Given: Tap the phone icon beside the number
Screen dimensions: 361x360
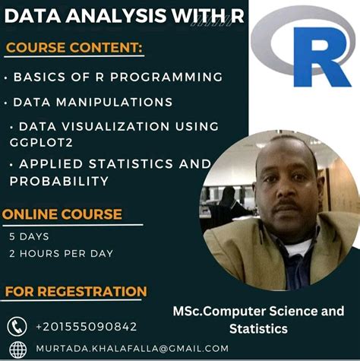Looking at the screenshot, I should tap(17, 326).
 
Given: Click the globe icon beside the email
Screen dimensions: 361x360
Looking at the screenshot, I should tap(17, 348).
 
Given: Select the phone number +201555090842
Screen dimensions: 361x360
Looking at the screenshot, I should tap(86, 327).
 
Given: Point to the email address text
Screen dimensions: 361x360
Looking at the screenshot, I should tap(131, 348).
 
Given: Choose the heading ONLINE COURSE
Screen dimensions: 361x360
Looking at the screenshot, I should tap(62, 214).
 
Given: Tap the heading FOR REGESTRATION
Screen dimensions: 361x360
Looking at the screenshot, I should tap(76, 291).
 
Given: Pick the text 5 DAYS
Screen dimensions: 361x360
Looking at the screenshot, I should tap(29, 236).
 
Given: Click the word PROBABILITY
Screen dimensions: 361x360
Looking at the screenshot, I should tap(58, 181).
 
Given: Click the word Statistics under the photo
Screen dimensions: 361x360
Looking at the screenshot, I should tap(258, 329).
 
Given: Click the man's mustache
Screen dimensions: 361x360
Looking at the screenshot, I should tap(285, 203).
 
